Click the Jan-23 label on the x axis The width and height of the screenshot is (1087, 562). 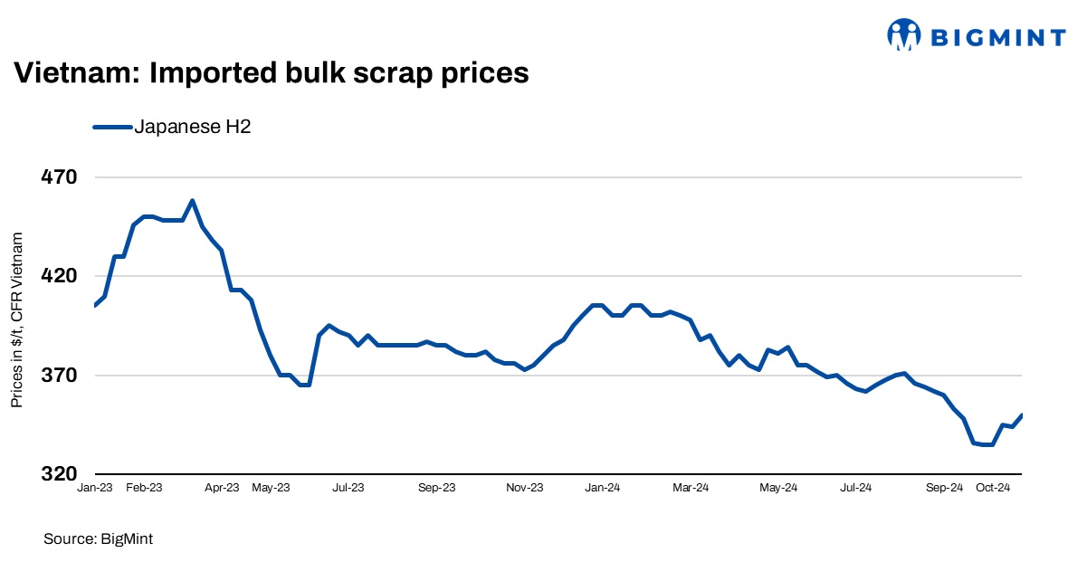pos(94,488)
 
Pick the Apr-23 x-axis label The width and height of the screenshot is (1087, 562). pos(222,488)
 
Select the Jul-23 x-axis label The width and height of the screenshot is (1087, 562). pos(348,488)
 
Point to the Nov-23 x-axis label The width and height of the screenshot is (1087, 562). pos(525,488)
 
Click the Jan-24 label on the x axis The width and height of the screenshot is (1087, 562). pos(602,488)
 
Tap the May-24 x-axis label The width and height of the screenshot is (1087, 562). pos(778,488)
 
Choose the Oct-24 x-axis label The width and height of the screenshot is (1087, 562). pos(993,488)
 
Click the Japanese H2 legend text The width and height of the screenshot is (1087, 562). pos(192,128)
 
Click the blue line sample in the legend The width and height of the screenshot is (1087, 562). pos(112,128)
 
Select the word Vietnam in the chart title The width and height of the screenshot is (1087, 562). pos(73,72)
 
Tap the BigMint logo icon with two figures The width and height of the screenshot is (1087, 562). pos(904,35)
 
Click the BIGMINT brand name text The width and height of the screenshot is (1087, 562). pos(998,36)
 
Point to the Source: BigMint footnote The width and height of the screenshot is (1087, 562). pos(99,538)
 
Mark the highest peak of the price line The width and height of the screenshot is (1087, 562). pos(192,200)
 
